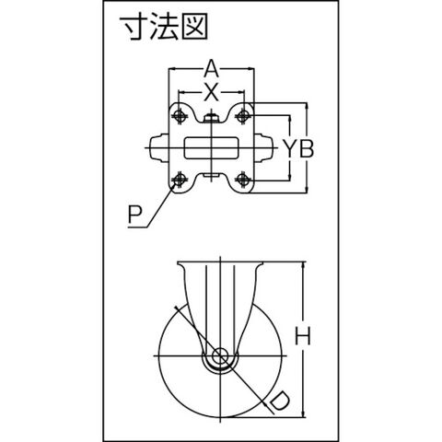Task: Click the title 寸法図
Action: tap(164, 28)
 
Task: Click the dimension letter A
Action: tap(211, 69)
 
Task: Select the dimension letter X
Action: tap(211, 92)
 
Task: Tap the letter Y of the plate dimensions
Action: tap(290, 148)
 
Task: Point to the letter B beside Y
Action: tap(307, 148)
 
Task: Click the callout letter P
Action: tap(134, 215)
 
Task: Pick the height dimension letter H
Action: tap(303, 336)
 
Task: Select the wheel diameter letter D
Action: tap(278, 401)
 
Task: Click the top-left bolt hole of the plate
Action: tap(180, 115)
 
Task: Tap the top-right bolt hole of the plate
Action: tap(243, 115)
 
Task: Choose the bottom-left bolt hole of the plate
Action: tap(180, 179)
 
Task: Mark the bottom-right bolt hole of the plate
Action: tap(243, 179)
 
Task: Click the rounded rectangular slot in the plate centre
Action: tap(211, 148)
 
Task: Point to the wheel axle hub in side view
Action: tap(220, 356)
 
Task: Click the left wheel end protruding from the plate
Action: tap(159, 148)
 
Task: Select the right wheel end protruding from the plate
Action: tap(263, 148)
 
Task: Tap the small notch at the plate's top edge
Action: tap(211, 118)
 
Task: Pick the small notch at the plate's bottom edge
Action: tap(211, 176)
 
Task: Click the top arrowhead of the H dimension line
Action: tap(304, 265)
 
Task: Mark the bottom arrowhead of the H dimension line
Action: tap(304, 413)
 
